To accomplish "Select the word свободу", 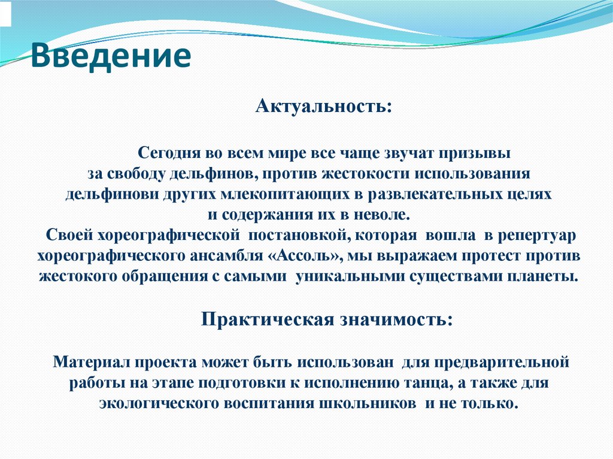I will [x=132, y=174].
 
